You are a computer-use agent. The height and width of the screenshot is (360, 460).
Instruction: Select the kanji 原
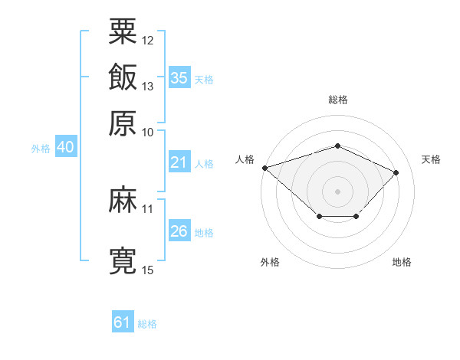click(x=123, y=122)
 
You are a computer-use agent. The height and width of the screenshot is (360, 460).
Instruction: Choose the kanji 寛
click(x=123, y=260)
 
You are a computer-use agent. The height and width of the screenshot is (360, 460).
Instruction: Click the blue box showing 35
click(x=179, y=78)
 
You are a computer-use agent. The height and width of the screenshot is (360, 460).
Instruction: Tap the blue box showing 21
click(x=179, y=162)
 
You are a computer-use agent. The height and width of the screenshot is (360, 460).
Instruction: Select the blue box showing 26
click(x=179, y=231)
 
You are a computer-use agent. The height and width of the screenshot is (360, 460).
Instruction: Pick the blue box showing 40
click(x=65, y=148)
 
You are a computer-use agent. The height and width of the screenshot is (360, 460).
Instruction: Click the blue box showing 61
click(x=122, y=322)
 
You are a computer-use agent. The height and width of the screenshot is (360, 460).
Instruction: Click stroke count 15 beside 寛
click(x=148, y=270)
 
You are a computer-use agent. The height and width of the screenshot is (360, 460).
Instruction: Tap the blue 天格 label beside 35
click(x=204, y=80)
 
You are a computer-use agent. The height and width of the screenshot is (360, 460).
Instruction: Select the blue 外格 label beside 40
click(x=41, y=149)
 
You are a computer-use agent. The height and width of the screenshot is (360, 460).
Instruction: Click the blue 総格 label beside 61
click(x=147, y=324)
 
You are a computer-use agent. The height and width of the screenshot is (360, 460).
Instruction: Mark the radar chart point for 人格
click(x=264, y=168)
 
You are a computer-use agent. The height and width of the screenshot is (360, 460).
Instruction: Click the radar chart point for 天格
click(x=396, y=172)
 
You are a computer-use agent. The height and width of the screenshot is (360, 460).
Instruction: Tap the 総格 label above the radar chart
click(x=337, y=100)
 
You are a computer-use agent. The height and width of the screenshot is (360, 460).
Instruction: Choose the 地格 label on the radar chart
click(x=402, y=263)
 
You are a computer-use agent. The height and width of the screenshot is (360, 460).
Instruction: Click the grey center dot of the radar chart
click(x=337, y=191)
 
